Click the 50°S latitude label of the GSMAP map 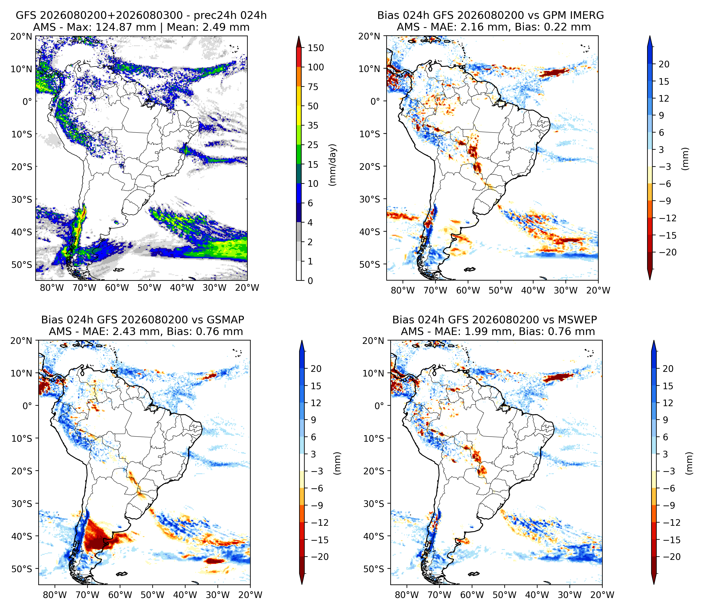click(22, 569)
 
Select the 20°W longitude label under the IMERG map click(598, 290)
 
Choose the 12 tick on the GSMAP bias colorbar click(316, 403)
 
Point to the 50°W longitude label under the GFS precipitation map click(150, 288)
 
